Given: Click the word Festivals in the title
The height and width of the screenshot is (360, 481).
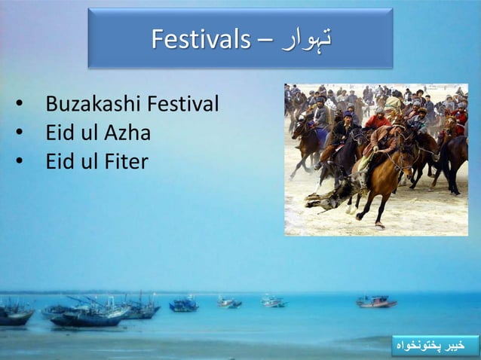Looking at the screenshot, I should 200,38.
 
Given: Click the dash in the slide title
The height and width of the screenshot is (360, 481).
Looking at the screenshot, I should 262,39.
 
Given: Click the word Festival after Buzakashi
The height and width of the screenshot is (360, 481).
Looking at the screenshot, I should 184,104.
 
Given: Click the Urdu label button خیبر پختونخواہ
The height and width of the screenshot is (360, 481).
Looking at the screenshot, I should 436,346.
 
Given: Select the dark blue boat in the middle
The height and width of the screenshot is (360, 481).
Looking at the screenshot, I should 183,304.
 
